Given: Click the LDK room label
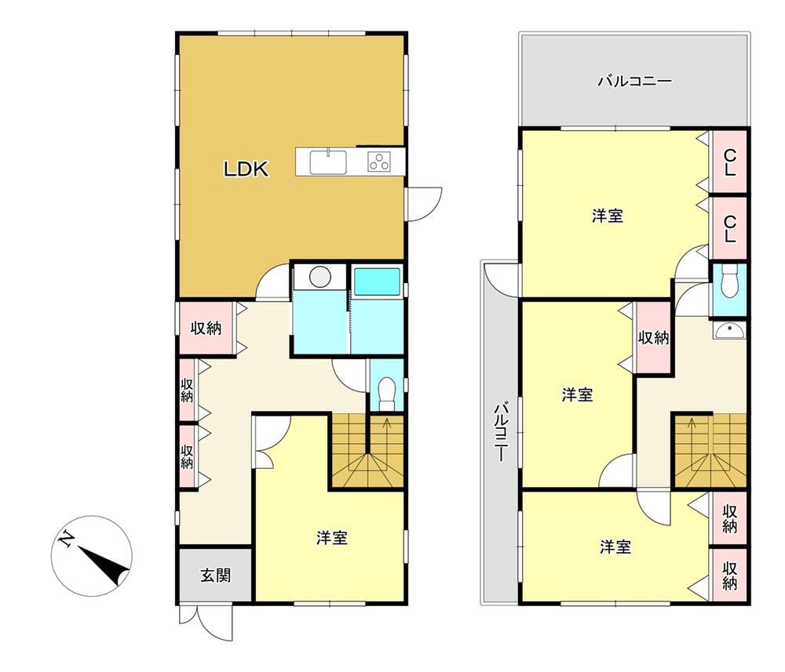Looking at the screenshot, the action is point(246,169).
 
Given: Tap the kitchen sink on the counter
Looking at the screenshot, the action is point(328,162).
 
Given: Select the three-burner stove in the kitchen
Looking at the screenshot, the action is point(379,161).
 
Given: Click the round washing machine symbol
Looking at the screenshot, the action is point(319,276).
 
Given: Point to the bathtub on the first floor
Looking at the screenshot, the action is point(378,282).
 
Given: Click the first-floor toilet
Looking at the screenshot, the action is point(386,393).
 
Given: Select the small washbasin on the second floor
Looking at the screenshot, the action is point(729,330).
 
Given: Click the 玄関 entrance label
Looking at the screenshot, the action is point(215,576).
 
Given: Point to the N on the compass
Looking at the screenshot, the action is point(66,539).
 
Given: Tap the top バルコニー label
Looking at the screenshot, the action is point(634,81).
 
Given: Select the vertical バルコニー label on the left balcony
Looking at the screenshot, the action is point(501,431).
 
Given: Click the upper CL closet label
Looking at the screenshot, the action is point(730,163).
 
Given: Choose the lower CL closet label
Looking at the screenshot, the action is point(730,228).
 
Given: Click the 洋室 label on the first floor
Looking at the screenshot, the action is point(332,538).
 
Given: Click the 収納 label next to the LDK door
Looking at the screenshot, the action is point(206,329).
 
